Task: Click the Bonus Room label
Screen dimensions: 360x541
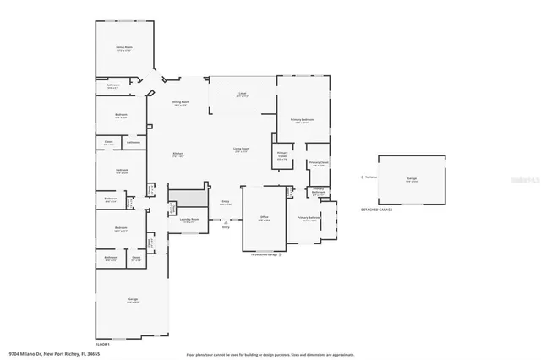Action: [x=123, y=48]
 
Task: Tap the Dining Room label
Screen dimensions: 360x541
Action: [x=180, y=102]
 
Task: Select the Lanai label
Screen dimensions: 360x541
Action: [x=242, y=95]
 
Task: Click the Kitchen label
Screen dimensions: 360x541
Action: [x=178, y=154]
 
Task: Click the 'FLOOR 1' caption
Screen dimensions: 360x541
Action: [x=103, y=343]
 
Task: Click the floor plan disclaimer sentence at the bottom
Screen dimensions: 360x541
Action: [x=270, y=354]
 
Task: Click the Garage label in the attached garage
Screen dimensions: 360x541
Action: [x=133, y=300]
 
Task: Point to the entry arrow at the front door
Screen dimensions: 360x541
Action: [x=226, y=221]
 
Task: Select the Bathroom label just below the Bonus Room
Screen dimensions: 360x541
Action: [x=113, y=85]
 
